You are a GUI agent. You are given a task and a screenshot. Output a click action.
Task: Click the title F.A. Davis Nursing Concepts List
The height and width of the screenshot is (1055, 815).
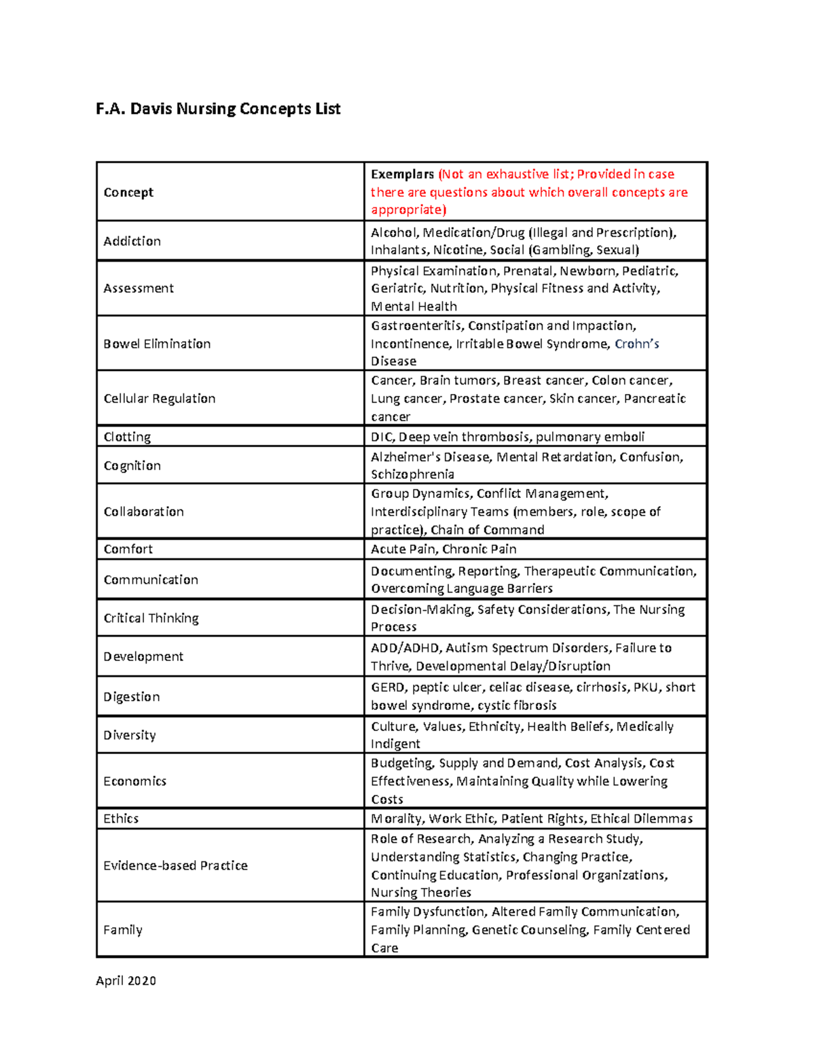click(218, 109)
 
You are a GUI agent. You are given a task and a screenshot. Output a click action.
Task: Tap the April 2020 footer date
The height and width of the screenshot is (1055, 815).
click(126, 980)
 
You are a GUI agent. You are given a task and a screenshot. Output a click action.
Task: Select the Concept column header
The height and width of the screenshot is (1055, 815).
click(128, 192)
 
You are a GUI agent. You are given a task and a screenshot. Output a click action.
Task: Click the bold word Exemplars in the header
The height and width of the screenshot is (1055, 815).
click(402, 174)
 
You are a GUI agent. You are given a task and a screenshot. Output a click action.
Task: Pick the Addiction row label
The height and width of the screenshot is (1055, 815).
click(132, 241)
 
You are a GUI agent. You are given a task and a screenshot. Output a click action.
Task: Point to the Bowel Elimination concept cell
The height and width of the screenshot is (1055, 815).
click(157, 344)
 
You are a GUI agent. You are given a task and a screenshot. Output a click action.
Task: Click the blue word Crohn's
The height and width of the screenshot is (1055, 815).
click(636, 344)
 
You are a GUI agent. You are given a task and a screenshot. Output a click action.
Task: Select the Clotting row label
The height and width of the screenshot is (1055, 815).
click(127, 437)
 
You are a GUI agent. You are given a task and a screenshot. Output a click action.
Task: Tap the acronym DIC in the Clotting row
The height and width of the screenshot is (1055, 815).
click(382, 437)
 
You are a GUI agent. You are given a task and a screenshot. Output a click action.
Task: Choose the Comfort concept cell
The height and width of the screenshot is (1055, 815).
click(128, 549)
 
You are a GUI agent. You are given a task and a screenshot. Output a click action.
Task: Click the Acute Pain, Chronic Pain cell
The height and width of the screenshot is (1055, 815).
click(443, 549)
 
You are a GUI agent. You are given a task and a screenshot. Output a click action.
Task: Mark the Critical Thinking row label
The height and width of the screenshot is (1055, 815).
click(151, 618)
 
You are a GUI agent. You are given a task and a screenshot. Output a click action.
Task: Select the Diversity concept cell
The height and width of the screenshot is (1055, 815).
click(129, 735)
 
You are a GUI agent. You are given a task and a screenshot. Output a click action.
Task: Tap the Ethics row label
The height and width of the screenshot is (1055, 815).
click(121, 819)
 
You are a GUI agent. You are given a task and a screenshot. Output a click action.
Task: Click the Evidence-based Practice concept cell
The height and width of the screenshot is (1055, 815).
click(175, 865)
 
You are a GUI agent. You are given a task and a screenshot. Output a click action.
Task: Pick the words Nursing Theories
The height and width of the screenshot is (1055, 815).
click(420, 893)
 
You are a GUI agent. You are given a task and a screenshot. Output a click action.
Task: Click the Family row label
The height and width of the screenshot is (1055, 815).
click(122, 930)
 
